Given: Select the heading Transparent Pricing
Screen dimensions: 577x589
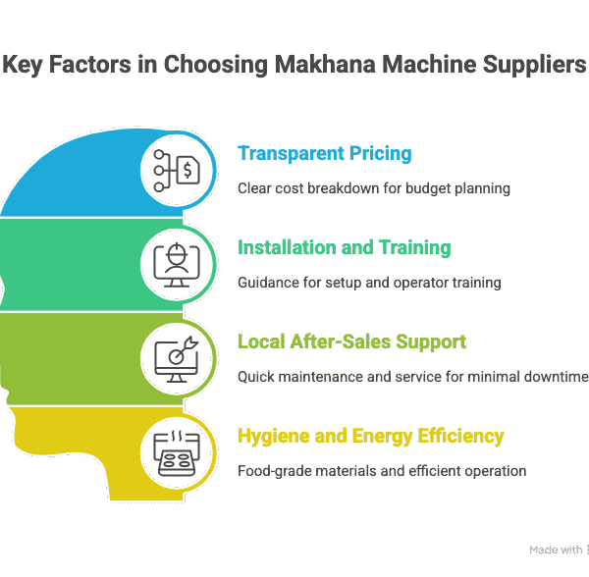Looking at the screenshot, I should (x=324, y=154).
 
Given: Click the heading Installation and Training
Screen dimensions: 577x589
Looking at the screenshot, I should (x=344, y=247).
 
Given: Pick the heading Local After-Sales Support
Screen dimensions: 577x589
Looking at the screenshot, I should (x=351, y=341).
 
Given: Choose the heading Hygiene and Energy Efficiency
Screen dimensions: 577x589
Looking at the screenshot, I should (x=371, y=436).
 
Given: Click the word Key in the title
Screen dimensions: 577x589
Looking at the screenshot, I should (x=23, y=66).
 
